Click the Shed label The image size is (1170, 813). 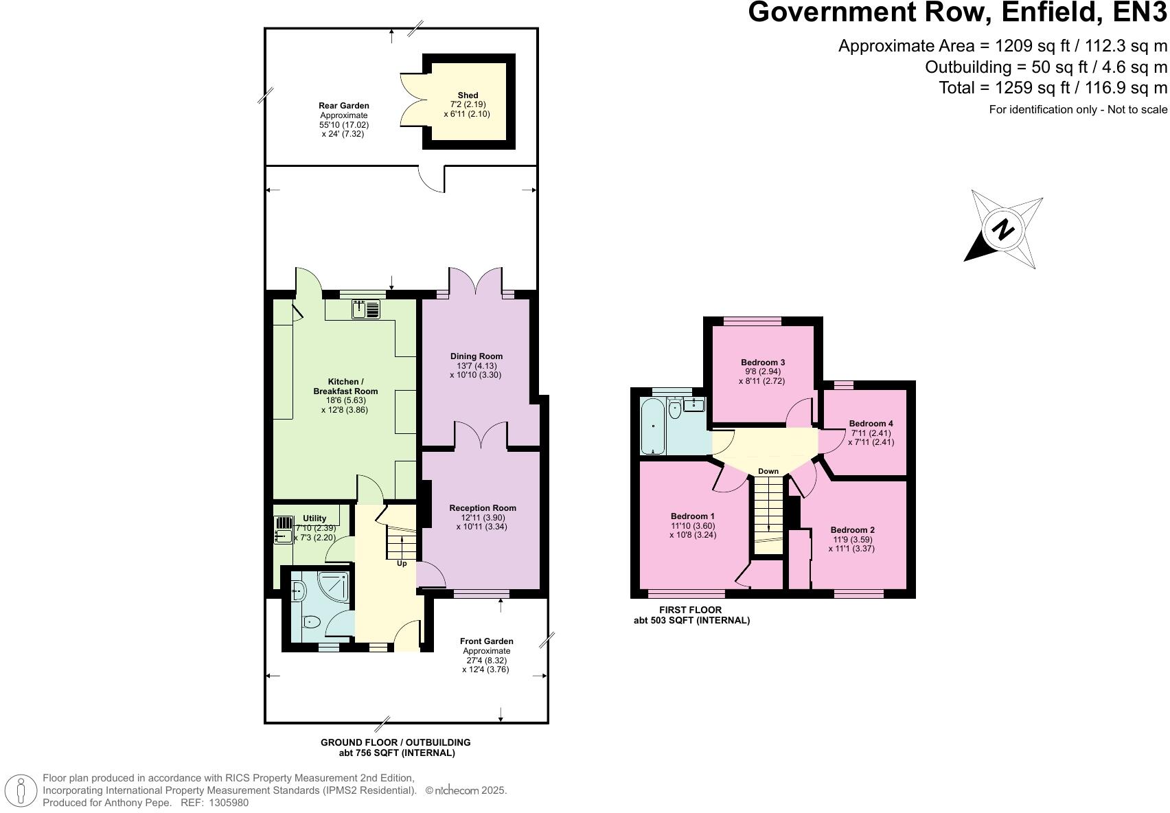coord(468,95)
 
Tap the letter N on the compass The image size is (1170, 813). coord(1003,229)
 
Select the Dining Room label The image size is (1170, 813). coord(476,356)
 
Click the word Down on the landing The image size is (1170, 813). coord(768,471)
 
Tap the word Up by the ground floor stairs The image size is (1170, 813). coord(402,564)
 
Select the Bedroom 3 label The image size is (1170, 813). coord(762,362)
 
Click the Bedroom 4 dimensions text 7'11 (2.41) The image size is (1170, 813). coord(871,433)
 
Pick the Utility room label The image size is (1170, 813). coord(314,518)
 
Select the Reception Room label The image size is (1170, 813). coord(482,508)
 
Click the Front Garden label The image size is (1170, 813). coord(486,641)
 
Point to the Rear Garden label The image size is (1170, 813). coord(343,106)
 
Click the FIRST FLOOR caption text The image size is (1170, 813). coord(690,610)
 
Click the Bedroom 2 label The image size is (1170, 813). coord(852,530)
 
